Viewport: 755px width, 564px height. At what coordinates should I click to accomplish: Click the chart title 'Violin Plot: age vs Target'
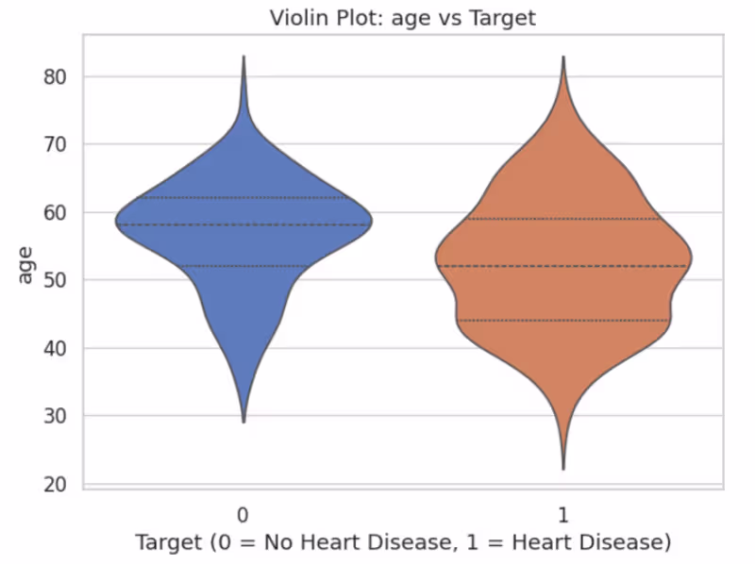[x=403, y=18]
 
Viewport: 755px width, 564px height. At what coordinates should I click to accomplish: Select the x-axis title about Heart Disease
[x=403, y=542]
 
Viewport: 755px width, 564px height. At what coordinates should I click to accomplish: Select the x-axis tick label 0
[x=243, y=514]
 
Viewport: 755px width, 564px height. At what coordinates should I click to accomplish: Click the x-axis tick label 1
[x=563, y=514]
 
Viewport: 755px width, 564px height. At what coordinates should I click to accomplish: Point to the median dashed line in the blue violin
[x=243, y=224]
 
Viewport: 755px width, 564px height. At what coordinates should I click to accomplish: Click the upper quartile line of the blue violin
[x=243, y=197]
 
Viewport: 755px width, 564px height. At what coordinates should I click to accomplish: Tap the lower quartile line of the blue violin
[x=243, y=266]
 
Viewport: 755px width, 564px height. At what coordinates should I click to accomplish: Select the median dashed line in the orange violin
[x=563, y=266]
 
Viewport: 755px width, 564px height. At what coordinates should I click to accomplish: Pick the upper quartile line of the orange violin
[x=563, y=219]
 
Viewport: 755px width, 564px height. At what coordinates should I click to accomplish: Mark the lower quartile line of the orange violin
[x=563, y=321]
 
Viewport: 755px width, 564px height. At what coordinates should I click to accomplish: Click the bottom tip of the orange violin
[x=563, y=468]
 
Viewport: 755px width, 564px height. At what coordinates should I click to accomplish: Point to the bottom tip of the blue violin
[x=243, y=421]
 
